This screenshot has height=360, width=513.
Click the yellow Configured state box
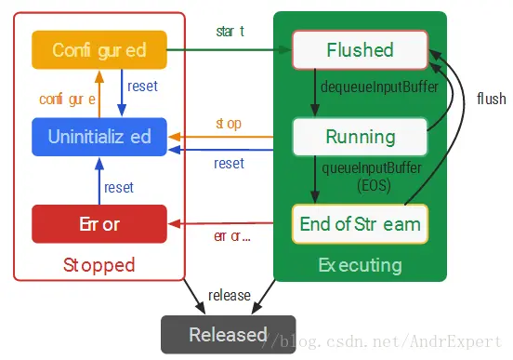99,49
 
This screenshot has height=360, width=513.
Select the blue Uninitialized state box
99,137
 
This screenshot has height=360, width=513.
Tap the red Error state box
99,224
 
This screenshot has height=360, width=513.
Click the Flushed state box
360,49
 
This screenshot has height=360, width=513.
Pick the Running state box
360,137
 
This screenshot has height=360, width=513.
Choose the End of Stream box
360,224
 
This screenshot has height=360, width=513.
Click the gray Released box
228,334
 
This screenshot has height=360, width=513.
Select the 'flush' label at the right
491,99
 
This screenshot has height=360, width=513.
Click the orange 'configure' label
67,98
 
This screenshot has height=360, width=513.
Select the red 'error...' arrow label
233,236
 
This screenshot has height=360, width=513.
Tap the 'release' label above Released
229,295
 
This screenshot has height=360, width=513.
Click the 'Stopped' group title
99,265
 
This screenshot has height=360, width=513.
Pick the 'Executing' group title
360,265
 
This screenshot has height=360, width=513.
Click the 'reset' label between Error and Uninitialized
119,187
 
